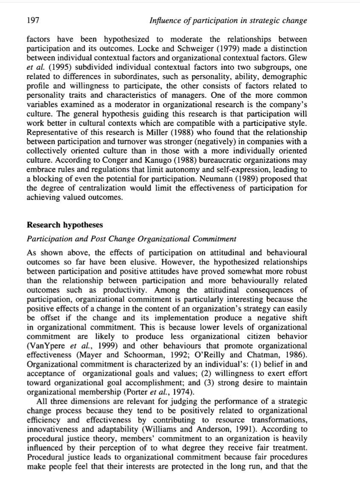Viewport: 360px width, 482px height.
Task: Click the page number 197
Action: [33, 20]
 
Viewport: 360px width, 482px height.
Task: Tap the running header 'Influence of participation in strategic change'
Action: [228, 20]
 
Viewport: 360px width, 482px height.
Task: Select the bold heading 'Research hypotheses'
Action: [65, 225]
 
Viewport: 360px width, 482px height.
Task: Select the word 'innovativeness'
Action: [51, 429]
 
